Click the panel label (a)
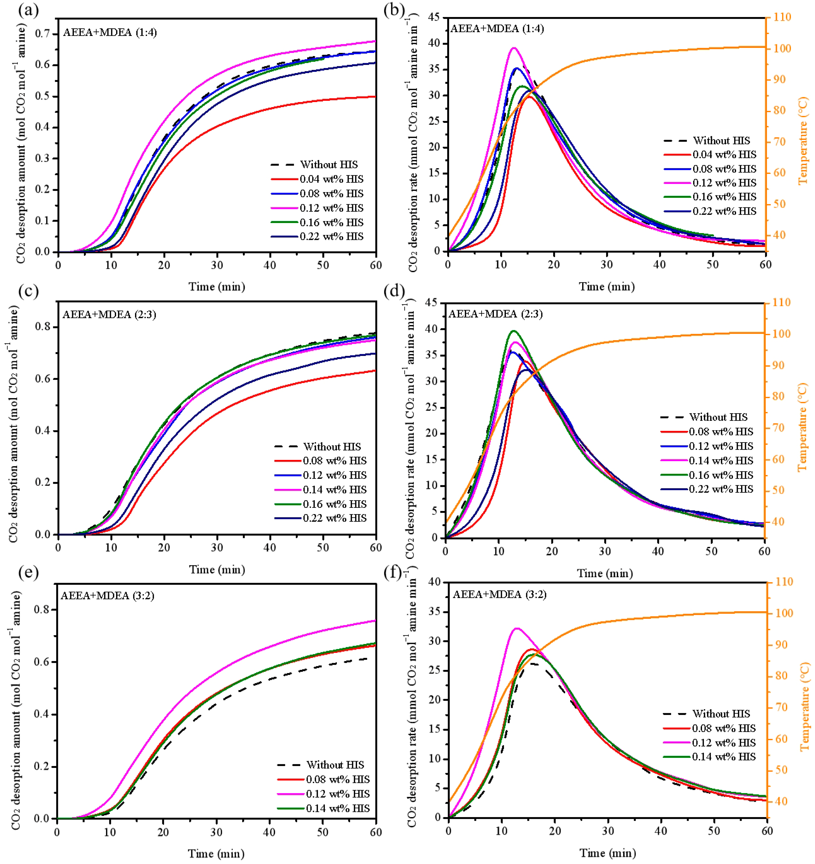tap(28, 10)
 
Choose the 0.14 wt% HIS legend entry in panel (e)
tap(337, 808)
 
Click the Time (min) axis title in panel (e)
tap(216, 854)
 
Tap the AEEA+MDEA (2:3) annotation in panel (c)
tap(109, 315)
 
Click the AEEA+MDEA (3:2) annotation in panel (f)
tap(500, 595)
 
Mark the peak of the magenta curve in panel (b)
tap(514, 48)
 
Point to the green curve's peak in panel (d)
tap(514, 331)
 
